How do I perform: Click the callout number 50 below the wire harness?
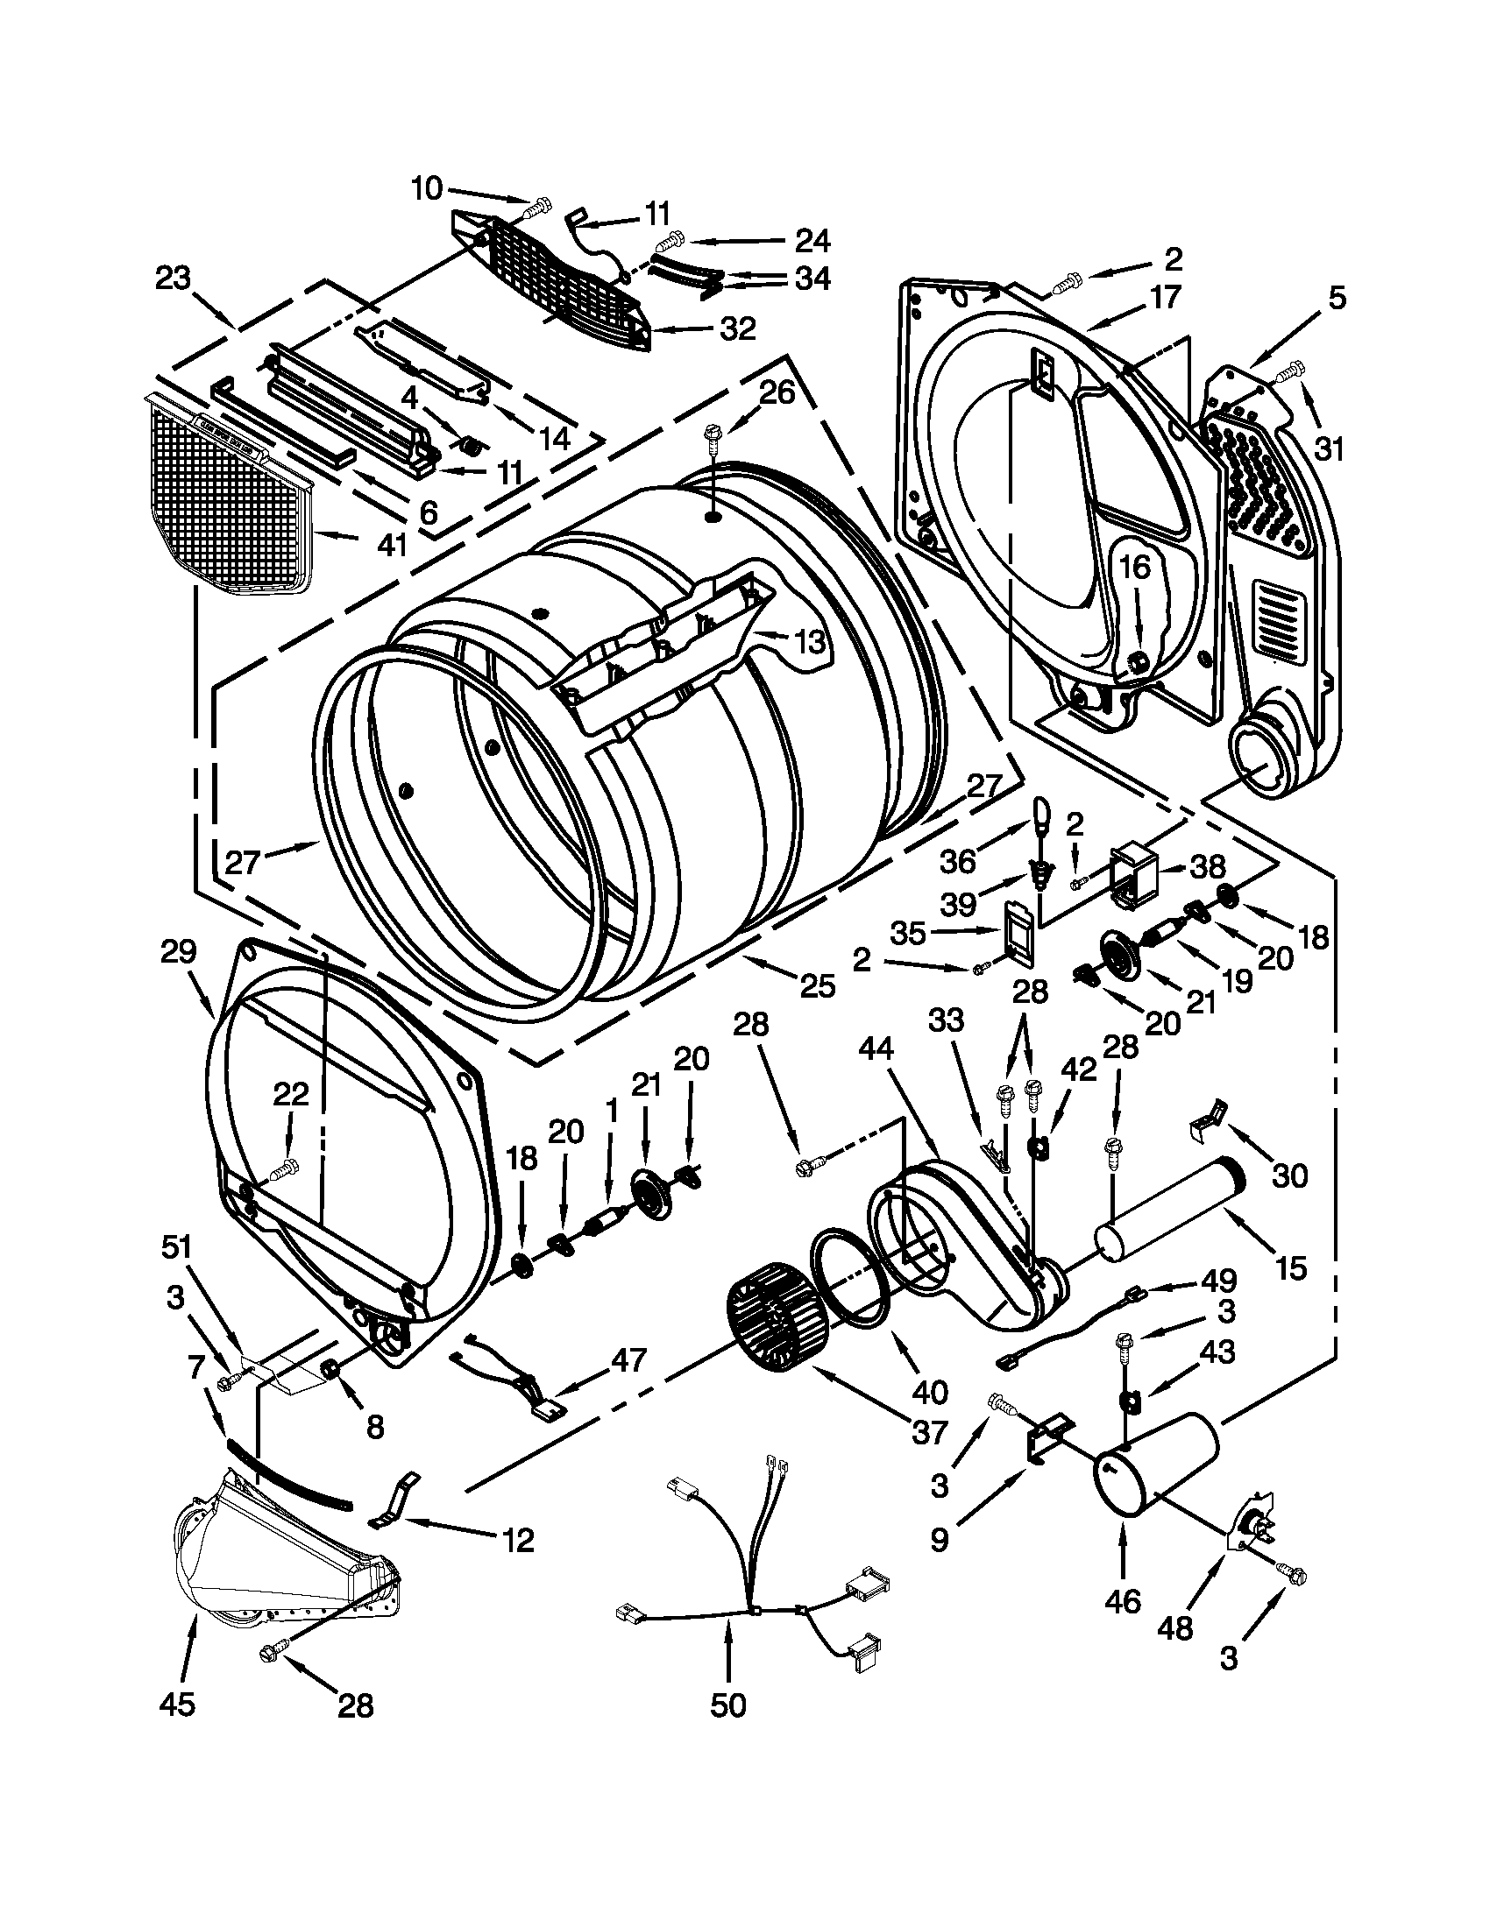click(x=727, y=1705)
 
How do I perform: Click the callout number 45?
click(x=176, y=1705)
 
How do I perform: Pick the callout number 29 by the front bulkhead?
click(x=178, y=952)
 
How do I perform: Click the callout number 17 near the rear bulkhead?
click(x=1165, y=298)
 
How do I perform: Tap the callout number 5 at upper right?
click(x=1337, y=298)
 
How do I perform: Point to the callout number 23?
click(x=173, y=279)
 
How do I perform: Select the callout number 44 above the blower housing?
click(x=876, y=1048)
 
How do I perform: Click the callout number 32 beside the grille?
click(x=738, y=329)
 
